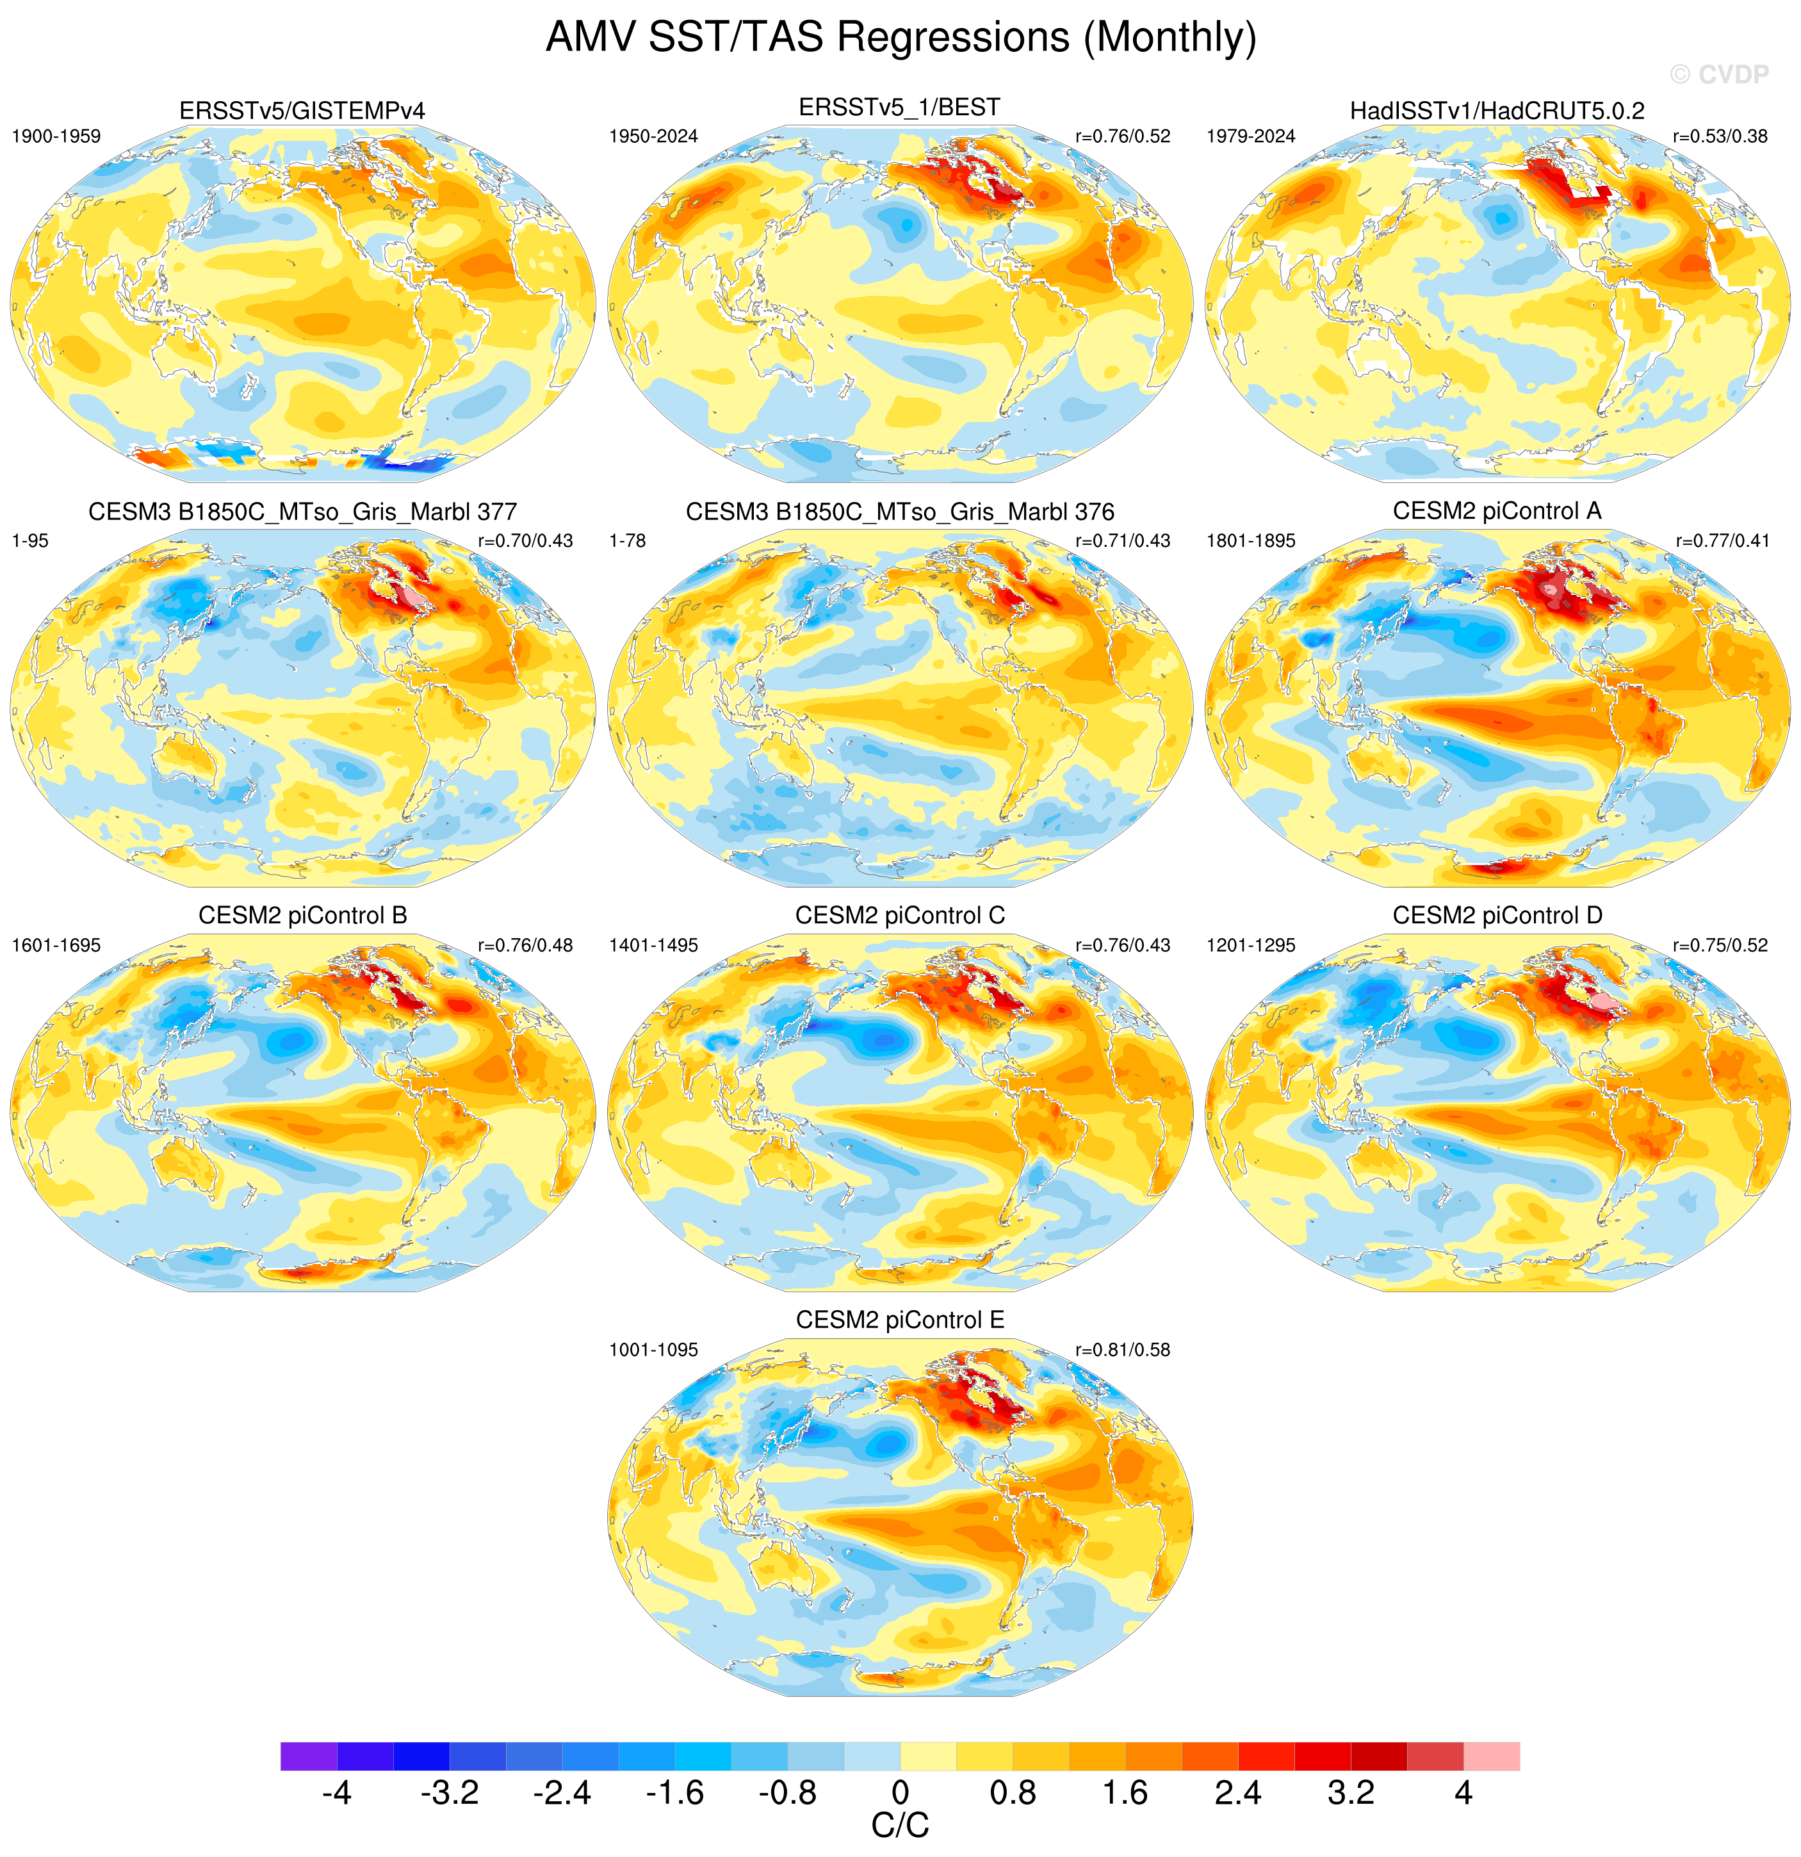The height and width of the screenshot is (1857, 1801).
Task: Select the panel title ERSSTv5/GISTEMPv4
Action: (302, 111)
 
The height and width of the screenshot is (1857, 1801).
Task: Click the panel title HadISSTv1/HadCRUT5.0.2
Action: (1497, 111)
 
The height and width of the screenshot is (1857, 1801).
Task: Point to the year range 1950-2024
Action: (654, 136)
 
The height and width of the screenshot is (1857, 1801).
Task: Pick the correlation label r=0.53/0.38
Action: (1720, 136)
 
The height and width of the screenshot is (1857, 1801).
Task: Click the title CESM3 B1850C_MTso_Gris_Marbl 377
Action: (302, 512)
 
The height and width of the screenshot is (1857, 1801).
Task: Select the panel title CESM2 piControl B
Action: (302, 915)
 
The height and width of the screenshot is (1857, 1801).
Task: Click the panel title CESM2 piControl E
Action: (900, 1320)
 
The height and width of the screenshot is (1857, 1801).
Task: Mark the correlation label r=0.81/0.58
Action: (1123, 1350)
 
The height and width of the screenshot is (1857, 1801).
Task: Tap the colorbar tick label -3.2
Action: (450, 1792)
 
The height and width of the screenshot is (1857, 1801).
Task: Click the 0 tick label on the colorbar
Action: (900, 1792)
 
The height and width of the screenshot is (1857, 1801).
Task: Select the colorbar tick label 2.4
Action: (1238, 1792)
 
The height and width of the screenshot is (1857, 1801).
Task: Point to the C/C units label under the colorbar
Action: (900, 1826)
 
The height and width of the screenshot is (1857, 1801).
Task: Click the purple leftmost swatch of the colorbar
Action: (309, 1756)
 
